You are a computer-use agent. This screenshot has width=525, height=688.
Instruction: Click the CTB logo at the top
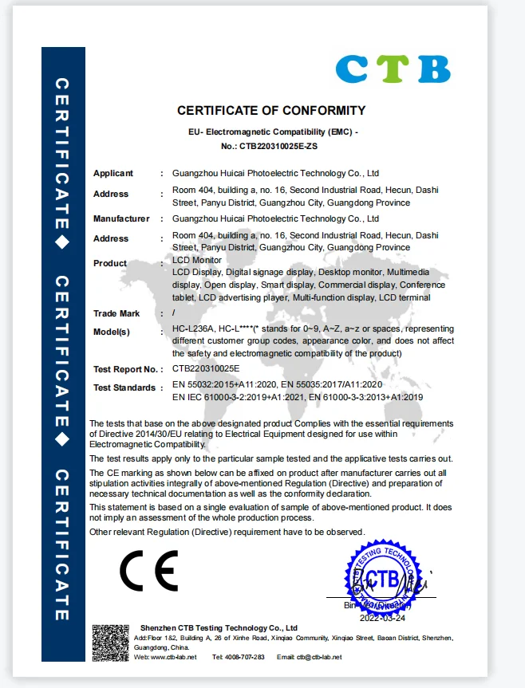point(393,69)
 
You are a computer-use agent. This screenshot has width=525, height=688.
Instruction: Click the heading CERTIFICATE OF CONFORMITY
point(271,111)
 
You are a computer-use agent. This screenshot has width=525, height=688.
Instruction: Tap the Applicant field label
point(113,173)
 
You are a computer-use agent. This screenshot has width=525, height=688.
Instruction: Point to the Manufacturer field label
point(121,218)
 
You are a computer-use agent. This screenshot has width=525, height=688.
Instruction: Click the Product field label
point(110,263)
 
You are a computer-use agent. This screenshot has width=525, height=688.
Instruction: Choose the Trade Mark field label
point(116,313)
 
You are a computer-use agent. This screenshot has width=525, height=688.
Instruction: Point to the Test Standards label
point(124,387)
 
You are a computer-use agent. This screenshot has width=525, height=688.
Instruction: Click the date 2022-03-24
point(382,618)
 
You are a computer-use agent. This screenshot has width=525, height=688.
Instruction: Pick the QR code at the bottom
point(110,643)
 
